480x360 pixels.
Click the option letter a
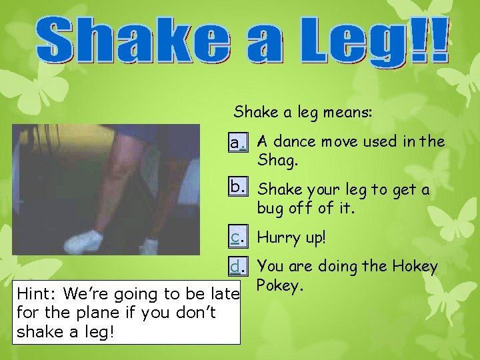[x=234, y=143]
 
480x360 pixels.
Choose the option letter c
[x=235, y=237]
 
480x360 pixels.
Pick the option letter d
[x=235, y=267]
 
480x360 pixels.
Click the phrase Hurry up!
[x=292, y=237]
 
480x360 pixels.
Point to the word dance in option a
[x=297, y=141]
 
